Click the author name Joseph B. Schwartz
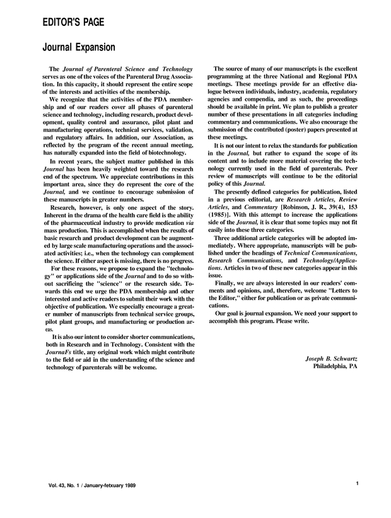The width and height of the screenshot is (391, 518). click(x=327, y=359)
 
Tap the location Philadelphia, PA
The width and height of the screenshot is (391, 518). click(x=335, y=367)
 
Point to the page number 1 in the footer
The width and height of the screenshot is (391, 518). click(x=357, y=484)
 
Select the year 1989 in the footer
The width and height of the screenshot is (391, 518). click(x=127, y=486)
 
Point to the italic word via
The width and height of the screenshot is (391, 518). click(x=190, y=231)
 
